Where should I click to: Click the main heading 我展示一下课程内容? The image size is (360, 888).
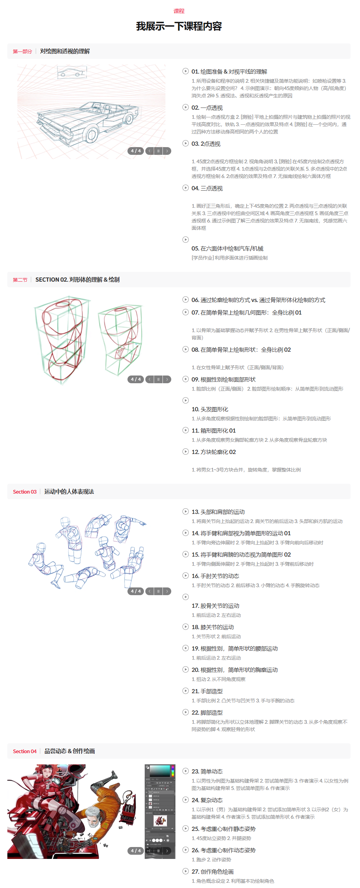pyautogui.click(x=179, y=26)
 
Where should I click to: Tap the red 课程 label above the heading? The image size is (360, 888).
pyautogui.click(x=179, y=11)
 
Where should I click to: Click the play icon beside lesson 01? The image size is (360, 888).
pyautogui.click(x=186, y=71)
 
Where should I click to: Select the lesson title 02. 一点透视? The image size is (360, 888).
pyautogui.click(x=207, y=108)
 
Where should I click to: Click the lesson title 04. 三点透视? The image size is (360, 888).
pyautogui.click(x=207, y=188)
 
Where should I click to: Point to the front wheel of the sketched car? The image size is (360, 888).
pyautogui.click(x=91, y=135)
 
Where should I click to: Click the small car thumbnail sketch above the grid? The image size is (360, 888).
pyautogui.click(x=72, y=73)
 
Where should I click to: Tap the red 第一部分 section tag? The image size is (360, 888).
pyautogui.click(x=22, y=51)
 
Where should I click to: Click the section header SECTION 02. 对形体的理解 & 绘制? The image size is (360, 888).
pyautogui.click(x=77, y=280)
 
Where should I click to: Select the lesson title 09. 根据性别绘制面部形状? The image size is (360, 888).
pyautogui.click(x=223, y=379)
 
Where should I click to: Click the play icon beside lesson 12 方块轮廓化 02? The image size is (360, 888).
pyautogui.click(x=186, y=452)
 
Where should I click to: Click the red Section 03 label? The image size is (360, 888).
pyautogui.click(x=25, y=492)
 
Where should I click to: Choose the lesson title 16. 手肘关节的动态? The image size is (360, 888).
pyautogui.click(x=215, y=576)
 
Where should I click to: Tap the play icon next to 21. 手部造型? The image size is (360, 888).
pyautogui.click(x=186, y=691)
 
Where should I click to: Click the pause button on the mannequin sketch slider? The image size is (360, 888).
pyautogui.click(x=158, y=591)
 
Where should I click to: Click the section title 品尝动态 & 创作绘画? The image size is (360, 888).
pyautogui.click(x=70, y=751)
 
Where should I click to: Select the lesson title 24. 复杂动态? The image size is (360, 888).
pyautogui.click(x=207, y=800)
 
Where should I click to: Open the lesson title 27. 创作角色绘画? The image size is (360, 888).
pyautogui.click(x=213, y=872)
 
